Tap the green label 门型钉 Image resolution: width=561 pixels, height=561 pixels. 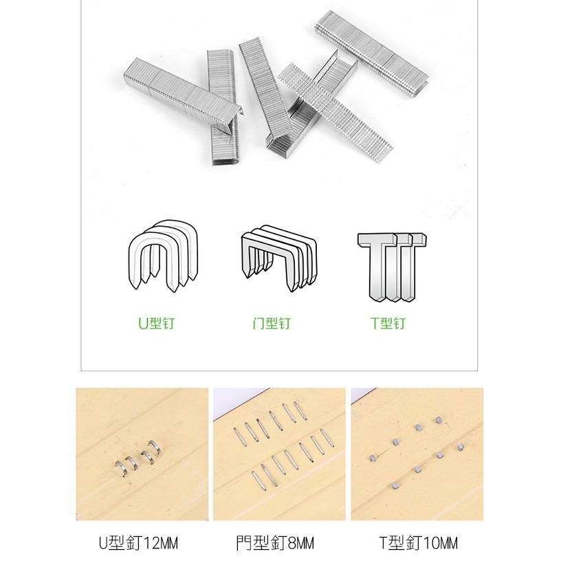pyautogui.click(x=272, y=323)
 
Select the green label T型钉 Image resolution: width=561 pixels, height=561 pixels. pyautogui.click(x=388, y=323)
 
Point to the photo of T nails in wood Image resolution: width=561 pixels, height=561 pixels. pyautogui.click(x=417, y=454)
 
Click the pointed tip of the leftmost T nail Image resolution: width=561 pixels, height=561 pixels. pyautogui.click(x=375, y=297)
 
